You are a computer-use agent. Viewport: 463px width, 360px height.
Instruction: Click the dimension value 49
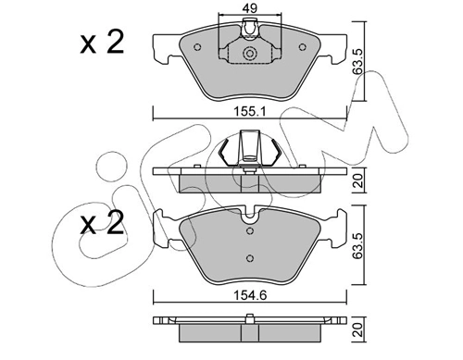pyautogui.click(x=250, y=7)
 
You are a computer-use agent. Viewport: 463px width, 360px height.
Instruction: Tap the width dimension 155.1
pyautogui.click(x=250, y=112)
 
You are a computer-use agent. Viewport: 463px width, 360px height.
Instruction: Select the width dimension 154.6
pyautogui.click(x=250, y=295)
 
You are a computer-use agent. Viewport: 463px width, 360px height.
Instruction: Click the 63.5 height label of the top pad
pyautogui.click(x=358, y=61)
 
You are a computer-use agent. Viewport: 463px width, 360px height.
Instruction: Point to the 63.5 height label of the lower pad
pyautogui.click(x=358, y=245)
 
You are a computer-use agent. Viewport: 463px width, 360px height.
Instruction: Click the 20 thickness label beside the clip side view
pyautogui.click(x=358, y=180)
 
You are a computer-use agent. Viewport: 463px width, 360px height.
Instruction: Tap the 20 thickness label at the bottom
pyautogui.click(x=358, y=329)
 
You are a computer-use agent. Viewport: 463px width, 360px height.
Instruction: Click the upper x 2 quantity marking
pyautogui.click(x=102, y=43)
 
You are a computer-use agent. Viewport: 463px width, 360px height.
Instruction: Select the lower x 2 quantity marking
pyautogui.click(x=102, y=223)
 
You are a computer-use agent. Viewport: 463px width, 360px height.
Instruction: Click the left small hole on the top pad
pyautogui.click(x=197, y=47)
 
